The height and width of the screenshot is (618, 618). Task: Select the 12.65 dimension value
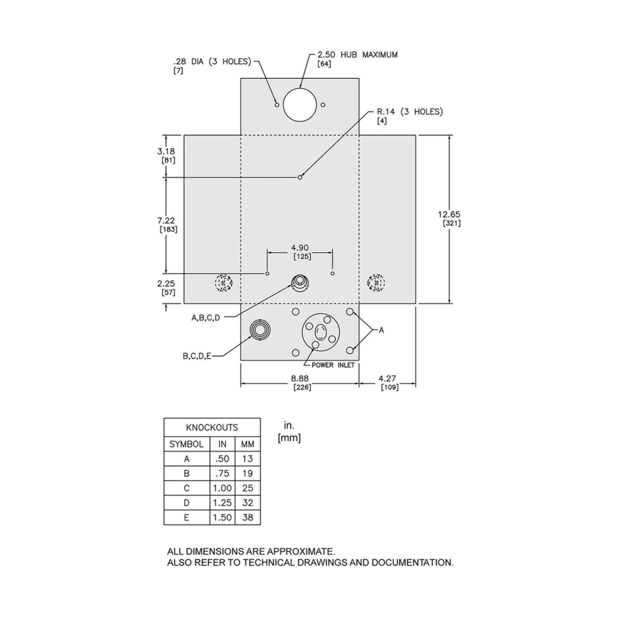tap(449, 214)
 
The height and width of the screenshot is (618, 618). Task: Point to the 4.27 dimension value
tap(387, 379)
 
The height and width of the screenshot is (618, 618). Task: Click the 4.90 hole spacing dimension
tap(300, 248)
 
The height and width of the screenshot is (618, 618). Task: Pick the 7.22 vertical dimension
tap(166, 220)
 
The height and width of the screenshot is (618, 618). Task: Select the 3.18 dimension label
tap(166, 151)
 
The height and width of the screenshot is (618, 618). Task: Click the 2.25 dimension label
tap(166, 283)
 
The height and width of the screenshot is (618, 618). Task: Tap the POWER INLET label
tap(333, 365)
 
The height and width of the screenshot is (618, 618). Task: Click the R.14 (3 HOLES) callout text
tap(409, 112)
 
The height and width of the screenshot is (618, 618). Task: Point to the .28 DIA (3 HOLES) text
tap(212, 61)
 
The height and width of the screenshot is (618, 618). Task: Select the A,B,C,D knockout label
tap(206, 318)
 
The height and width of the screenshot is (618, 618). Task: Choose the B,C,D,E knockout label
tap(197, 356)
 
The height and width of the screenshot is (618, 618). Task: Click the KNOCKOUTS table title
tap(212, 427)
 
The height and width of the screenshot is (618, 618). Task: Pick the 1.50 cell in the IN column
tap(222, 517)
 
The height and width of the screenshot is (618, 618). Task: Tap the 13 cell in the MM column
tap(248, 459)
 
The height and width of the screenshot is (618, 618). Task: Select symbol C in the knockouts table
tap(186, 488)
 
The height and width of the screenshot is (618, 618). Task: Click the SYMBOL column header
tap(186, 444)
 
